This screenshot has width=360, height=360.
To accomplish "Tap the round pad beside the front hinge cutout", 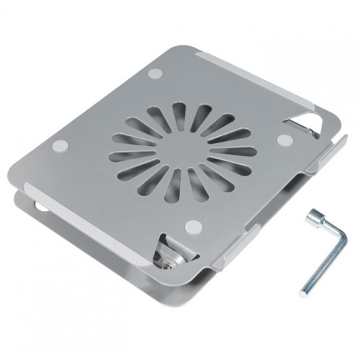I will click(192, 228).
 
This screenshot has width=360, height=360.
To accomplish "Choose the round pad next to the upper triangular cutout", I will click(284, 138).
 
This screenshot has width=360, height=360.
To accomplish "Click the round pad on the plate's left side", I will click(60, 147).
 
